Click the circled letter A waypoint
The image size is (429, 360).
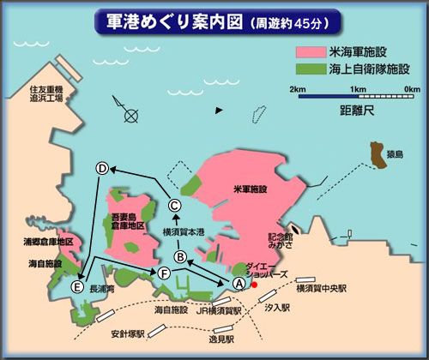(x=239, y=282)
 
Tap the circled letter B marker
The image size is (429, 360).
(x=180, y=255)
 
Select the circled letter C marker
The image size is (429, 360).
(x=174, y=205)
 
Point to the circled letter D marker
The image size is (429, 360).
(x=102, y=169)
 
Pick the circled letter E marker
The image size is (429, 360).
(x=79, y=285)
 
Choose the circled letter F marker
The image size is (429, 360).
(x=164, y=273)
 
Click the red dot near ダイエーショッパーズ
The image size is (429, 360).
(x=254, y=284)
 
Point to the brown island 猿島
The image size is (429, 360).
(x=376, y=154)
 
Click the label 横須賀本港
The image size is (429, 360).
(x=184, y=231)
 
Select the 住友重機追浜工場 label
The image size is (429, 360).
(x=46, y=93)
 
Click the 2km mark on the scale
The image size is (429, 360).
(x=298, y=88)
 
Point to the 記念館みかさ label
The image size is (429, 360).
(x=281, y=242)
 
